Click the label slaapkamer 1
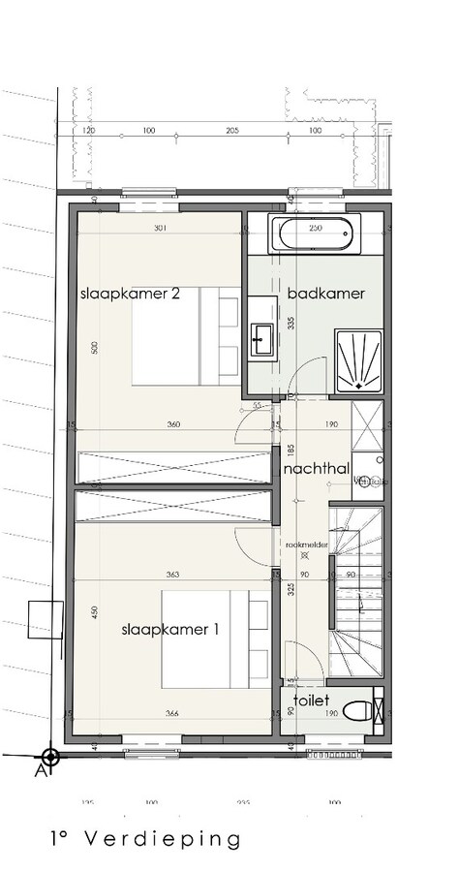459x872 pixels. (x=170, y=629)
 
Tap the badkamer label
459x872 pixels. (x=325, y=294)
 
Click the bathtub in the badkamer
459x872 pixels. (x=315, y=235)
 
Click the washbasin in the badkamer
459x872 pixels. (x=261, y=336)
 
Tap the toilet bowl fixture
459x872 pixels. (x=360, y=712)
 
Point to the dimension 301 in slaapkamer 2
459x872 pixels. (x=161, y=229)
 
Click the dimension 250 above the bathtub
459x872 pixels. (x=315, y=228)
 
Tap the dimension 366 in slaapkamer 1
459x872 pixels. (x=171, y=715)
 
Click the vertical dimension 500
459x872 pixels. (x=95, y=348)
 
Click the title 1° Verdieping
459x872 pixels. (x=145, y=838)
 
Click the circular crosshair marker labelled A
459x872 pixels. (x=50, y=755)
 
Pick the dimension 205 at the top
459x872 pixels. (x=231, y=129)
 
